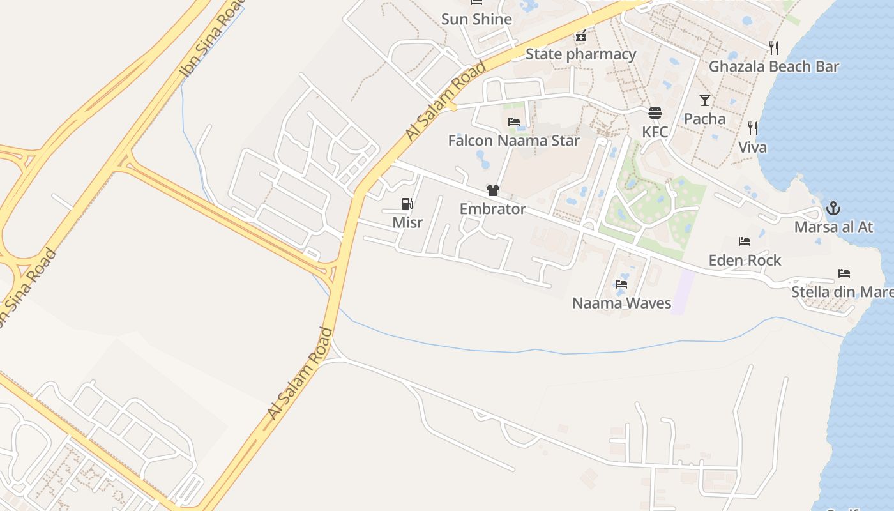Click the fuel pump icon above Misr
coord(407,204)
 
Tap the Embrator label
coord(492,209)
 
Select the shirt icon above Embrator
coord(492,190)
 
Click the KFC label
coord(655,132)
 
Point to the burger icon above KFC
coord(655,114)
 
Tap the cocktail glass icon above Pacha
coord(704,100)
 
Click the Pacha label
coord(704,119)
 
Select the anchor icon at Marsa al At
coord(833,208)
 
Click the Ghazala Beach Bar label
coord(773,66)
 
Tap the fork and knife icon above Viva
coord(753,128)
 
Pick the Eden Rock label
coord(745,260)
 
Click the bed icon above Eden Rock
coord(745,241)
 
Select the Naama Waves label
coord(621,303)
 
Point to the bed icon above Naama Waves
coord(621,284)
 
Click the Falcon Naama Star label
coord(513,141)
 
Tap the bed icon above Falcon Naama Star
coord(513,122)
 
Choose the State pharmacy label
coord(580,54)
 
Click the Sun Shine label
coord(476,19)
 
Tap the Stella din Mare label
coord(842,292)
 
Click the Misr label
coord(407,222)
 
